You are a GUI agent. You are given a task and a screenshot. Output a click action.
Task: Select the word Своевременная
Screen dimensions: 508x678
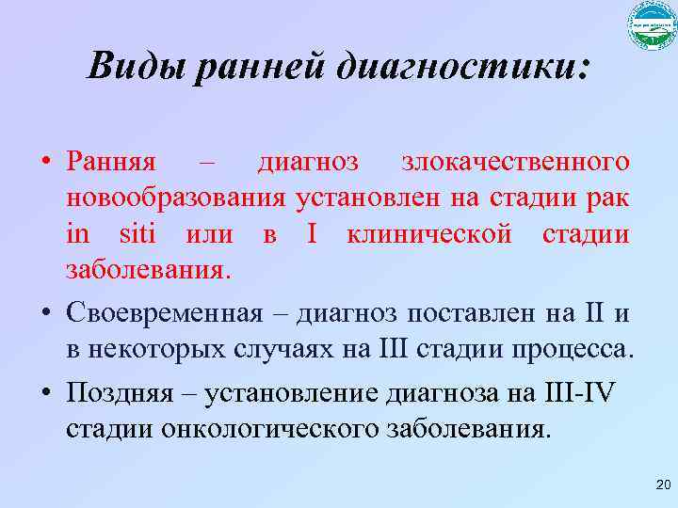165,311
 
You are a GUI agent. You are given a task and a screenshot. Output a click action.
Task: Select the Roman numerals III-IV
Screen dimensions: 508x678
575,392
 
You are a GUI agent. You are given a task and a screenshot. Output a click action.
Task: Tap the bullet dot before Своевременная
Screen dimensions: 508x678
45,312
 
